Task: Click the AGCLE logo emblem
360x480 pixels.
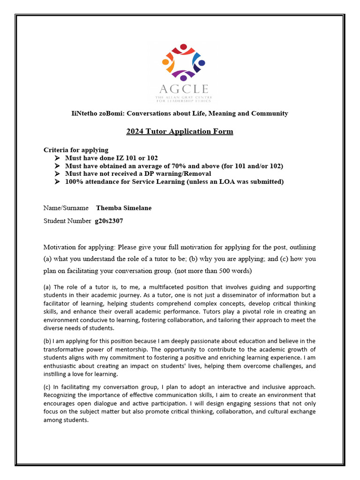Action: [183, 61]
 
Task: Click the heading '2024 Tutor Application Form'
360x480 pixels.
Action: [180, 131]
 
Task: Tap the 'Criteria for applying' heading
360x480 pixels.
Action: [76, 150]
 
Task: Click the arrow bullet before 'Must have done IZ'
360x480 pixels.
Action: [57, 158]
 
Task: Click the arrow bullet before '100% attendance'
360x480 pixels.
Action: [57, 182]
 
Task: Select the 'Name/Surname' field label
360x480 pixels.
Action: [66, 208]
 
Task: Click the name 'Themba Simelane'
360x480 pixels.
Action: [124, 208]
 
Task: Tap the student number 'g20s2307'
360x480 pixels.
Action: [109, 221]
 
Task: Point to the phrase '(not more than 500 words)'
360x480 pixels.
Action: [213, 271]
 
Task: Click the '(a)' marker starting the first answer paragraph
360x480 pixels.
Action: [47, 287]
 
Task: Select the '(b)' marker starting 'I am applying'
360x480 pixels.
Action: [47, 341]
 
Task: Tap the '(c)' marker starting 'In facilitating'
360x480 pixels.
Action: [47, 388]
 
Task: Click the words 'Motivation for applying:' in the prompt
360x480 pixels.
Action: [79, 247]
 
